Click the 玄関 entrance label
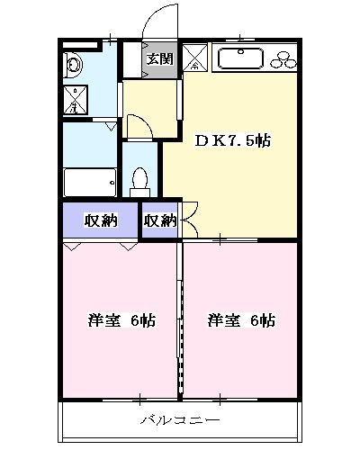tap(160, 59)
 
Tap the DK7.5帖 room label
tap(233, 141)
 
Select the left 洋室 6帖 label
tap(121, 320)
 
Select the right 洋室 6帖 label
tap(241, 320)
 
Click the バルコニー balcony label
tap(179, 420)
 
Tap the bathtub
tap(89, 181)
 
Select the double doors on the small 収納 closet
tap(189, 220)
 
